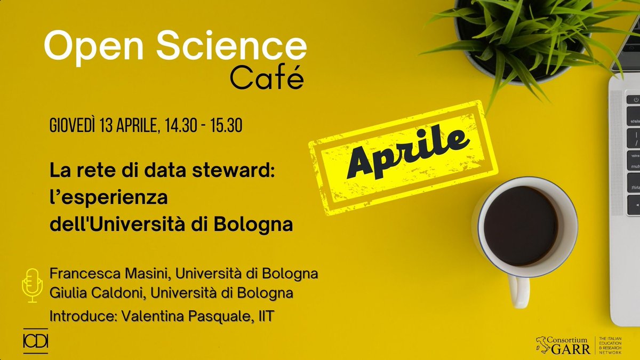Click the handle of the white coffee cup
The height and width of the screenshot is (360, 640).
click(517, 291)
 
